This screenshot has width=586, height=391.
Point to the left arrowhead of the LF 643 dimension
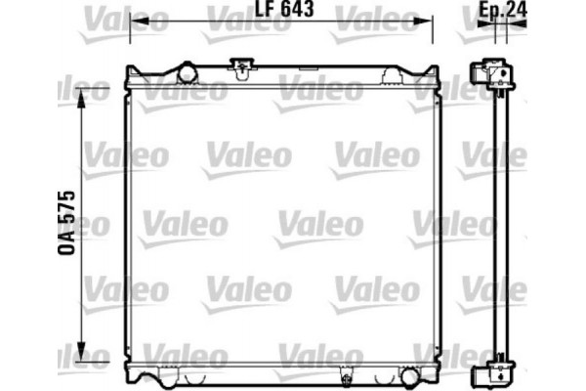pyautogui.click(x=133, y=21)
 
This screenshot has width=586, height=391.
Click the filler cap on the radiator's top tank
pyautogui.click(x=238, y=67)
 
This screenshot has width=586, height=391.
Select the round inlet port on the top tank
pyautogui.click(x=185, y=71)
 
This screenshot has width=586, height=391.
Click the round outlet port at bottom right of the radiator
pyautogui.click(x=399, y=374)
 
